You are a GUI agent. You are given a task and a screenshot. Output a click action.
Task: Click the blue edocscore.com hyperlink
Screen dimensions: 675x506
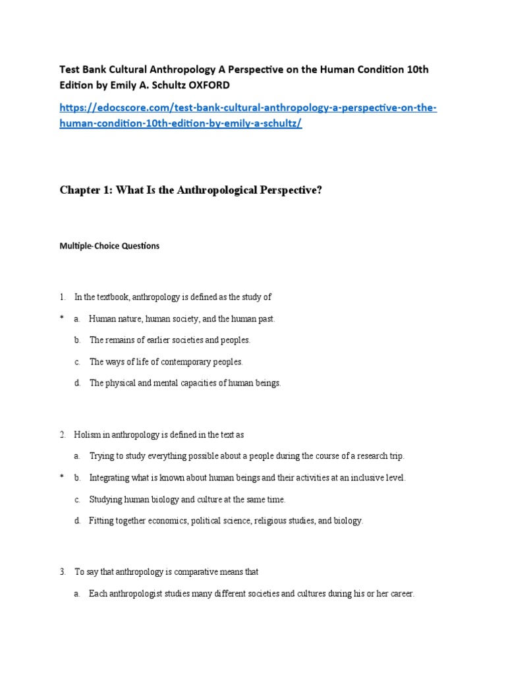click(248, 115)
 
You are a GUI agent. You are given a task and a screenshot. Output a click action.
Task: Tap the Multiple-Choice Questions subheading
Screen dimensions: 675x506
click(109, 246)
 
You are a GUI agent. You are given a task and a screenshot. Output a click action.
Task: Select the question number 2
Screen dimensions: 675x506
click(62, 435)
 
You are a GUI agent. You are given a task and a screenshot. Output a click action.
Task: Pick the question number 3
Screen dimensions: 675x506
click(62, 572)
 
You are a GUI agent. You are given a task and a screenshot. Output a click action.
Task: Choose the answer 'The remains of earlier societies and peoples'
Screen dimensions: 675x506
click(170, 340)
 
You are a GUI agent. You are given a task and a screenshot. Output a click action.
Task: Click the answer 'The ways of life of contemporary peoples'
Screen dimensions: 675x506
click(166, 362)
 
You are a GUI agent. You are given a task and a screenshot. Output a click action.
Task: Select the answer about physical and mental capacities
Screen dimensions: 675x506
click(185, 383)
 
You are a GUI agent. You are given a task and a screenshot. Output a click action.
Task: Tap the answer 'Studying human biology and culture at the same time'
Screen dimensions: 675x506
click(187, 499)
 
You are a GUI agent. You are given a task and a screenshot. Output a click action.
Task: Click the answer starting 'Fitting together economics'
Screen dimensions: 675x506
click(226, 521)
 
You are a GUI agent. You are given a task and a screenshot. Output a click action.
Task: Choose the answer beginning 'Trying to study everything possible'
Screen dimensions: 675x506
click(246, 456)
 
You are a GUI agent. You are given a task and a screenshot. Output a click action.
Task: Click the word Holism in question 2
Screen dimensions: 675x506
click(86, 435)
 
